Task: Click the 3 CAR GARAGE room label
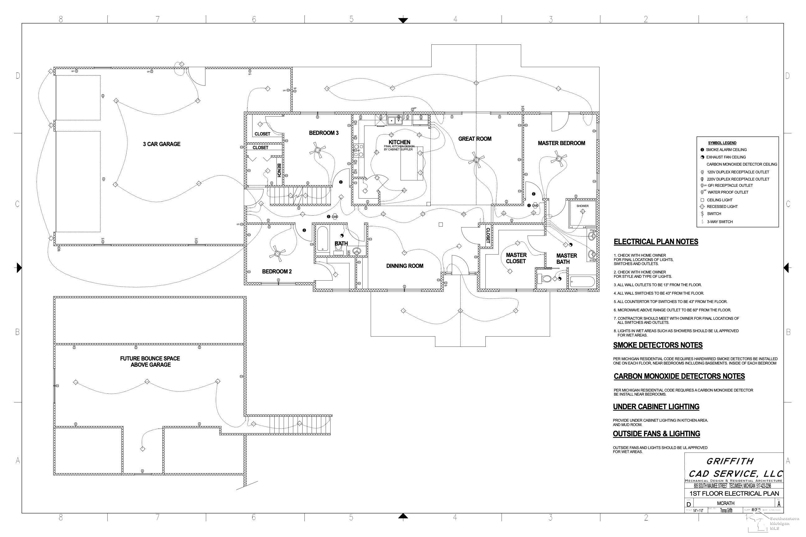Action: (x=161, y=144)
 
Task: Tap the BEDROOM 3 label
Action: (x=323, y=133)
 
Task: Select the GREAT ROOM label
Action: (x=475, y=139)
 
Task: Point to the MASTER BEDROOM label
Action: (x=561, y=143)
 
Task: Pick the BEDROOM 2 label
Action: (x=276, y=272)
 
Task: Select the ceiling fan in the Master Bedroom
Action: (x=558, y=159)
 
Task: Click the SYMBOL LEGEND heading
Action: (x=722, y=143)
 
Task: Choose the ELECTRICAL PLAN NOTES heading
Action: (x=655, y=242)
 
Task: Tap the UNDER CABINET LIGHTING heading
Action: (x=656, y=406)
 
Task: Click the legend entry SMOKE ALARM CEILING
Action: (x=726, y=150)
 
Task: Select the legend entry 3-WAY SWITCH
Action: (x=720, y=222)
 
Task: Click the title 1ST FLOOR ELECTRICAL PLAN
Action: (x=734, y=493)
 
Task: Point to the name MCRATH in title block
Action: (x=725, y=503)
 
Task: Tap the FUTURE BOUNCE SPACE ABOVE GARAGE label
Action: (x=151, y=362)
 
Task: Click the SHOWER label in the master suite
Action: (x=582, y=206)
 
